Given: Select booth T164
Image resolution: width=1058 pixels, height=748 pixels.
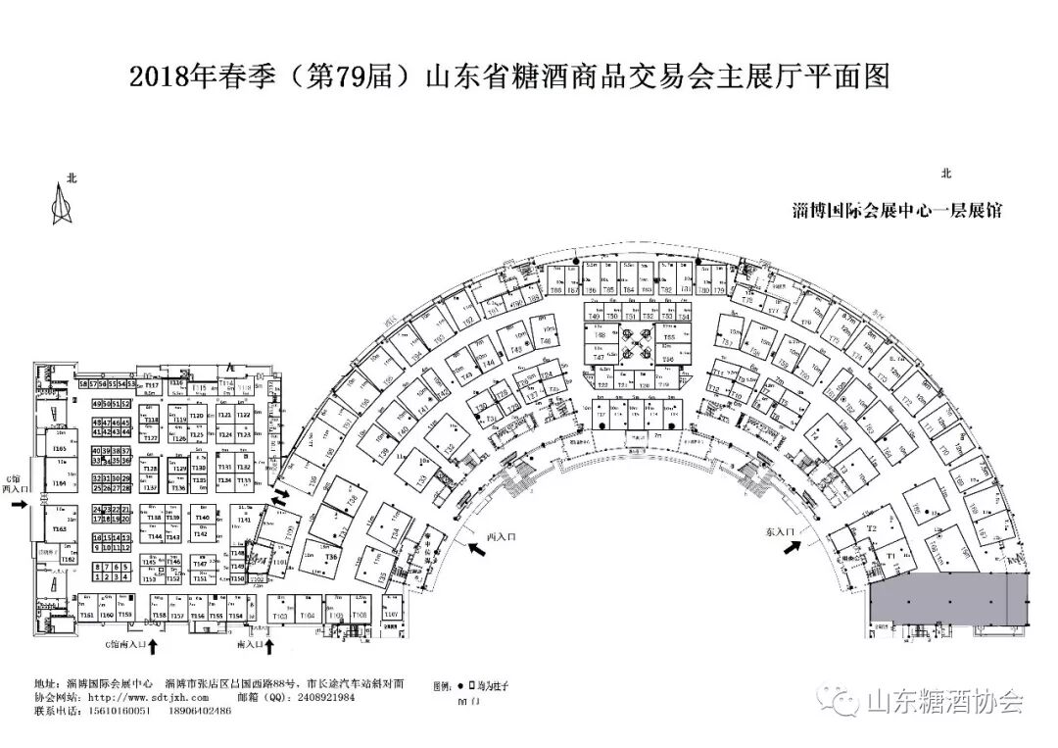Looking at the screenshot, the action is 59,484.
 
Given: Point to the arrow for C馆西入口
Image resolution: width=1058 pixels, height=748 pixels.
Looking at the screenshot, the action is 19,504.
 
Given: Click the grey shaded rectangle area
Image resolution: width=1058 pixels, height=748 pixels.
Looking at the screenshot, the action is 948,595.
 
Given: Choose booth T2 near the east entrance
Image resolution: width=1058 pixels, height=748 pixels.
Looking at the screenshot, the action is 870,528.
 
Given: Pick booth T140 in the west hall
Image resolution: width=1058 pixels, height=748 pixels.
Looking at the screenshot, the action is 202,517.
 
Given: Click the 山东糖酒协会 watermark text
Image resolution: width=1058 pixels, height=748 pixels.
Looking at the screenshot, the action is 944,702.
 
